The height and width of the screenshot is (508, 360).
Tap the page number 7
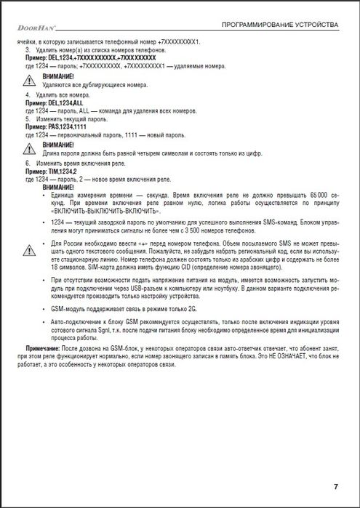(x=336, y=486)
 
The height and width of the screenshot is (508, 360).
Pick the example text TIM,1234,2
(x=61, y=172)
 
